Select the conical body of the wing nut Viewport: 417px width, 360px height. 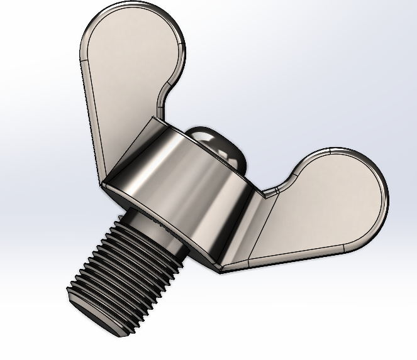click(x=189, y=188)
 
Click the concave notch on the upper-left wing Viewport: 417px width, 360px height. click(x=162, y=101)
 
